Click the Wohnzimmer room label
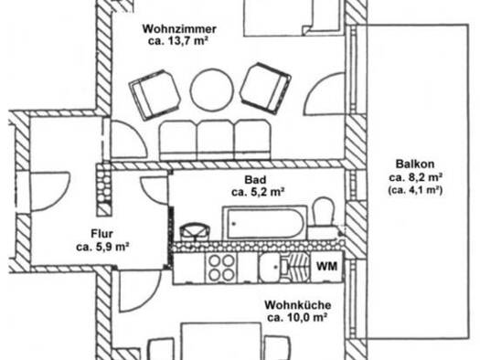pos(179,29)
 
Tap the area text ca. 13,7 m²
pos(178,41)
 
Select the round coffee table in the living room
pos(210,90)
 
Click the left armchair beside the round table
pos(155,94)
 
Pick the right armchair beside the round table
pos(265,88)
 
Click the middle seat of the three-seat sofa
pos(215,140)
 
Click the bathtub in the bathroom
pos(265,223)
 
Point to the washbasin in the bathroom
pos(194,233)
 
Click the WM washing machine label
pos(326,266)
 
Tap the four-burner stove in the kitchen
pos(221,268)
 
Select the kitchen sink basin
pos(269,268)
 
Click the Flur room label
pos(101,234)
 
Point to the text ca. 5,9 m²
pos(102,247)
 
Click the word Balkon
pos(415,164)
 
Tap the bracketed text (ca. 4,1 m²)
pos(415,190)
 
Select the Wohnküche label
pos(297,305)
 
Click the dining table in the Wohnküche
pos(221,341)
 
